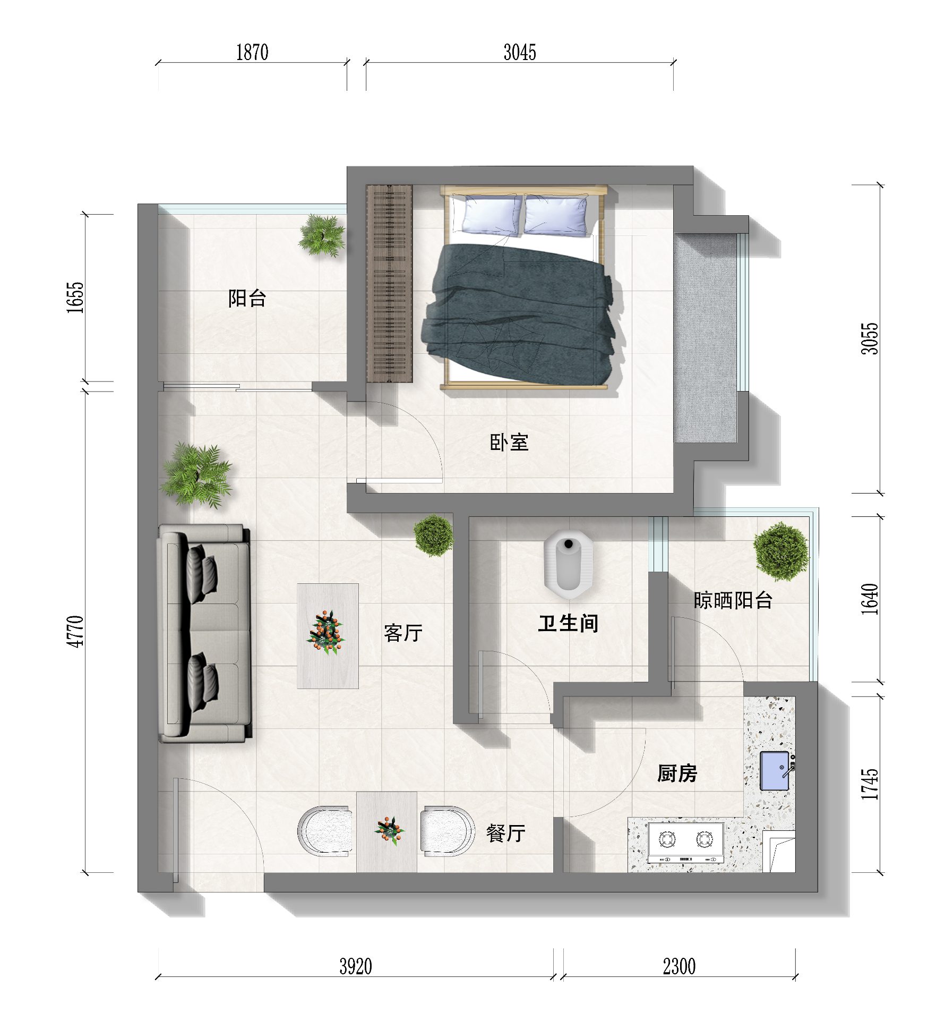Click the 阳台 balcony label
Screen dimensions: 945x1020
click(x=247, y=298)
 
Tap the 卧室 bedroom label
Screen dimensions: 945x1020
click(x=509, y=442)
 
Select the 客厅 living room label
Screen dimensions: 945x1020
click(x=403, y=633)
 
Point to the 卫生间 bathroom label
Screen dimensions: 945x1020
click(x=568, y=623)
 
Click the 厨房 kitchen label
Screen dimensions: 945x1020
click(x=677, y=773)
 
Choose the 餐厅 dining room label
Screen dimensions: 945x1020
click(x=505, y=833)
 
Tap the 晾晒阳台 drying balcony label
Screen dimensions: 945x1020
click(x=733, y=600)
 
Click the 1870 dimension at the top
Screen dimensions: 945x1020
click(x=252, y=52)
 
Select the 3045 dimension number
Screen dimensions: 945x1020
click(x=520, y=52)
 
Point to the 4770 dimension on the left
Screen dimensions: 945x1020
click(x=75, y=631)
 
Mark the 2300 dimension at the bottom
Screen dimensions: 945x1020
click(x=679, y=966)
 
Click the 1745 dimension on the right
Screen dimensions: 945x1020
click(x=870, y=784)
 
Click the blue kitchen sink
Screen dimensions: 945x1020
click(x=775, y=771)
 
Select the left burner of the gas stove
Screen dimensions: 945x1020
click(x=667, y=839)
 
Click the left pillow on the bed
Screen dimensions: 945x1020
click(x=492, y=214)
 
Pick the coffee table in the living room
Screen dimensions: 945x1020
click(x=328, y=636)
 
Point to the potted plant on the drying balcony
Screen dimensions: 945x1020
click(x=780, y=551)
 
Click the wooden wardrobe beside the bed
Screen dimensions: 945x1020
click(x=390, y=283)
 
